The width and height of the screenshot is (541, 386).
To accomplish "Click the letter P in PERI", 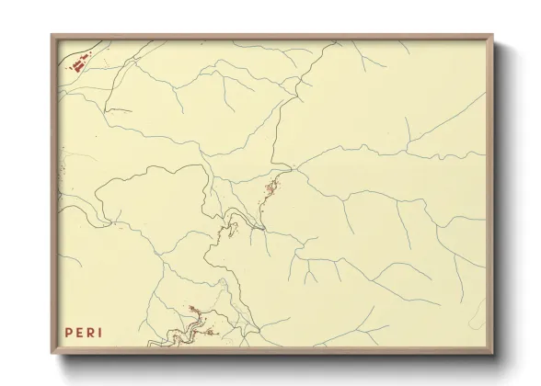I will (67, 332).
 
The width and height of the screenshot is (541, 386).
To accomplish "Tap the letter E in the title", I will (78, 332).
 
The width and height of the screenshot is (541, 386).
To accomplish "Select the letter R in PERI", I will (90, 332).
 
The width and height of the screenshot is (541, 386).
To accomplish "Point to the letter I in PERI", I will (100, 332).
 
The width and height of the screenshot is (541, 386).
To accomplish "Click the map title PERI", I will (84, 332).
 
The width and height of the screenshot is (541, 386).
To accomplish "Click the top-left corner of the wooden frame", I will (52, 35).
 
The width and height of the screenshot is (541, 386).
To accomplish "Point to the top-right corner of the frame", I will (494, 35).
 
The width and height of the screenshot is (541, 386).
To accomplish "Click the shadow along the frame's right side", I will (502, 202).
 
